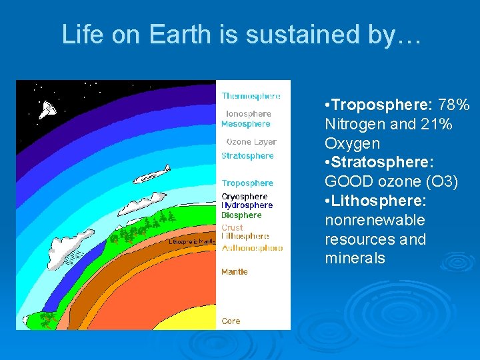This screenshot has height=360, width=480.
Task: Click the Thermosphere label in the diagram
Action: (251, 96)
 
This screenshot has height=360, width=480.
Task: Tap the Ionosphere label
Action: (248, 114)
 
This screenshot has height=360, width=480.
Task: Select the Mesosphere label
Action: (245, 123)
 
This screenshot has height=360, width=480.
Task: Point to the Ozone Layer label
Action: (251, 142)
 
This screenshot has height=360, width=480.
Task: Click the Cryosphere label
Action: (244, 197)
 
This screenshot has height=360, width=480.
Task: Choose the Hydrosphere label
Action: (247, 205)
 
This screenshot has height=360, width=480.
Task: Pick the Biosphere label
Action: (241, 215)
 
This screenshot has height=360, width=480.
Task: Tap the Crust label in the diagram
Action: (232, 227)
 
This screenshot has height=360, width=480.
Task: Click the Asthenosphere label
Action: (252, 248)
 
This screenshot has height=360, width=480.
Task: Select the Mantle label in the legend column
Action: (234, 271)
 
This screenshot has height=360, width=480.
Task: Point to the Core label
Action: (231, 321)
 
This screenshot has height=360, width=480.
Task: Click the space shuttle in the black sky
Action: (47, 110)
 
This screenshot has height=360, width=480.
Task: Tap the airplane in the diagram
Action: (151, 175)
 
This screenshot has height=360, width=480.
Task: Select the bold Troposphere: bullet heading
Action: (378, 105)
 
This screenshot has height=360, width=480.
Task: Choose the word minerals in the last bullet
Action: (355, 258)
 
